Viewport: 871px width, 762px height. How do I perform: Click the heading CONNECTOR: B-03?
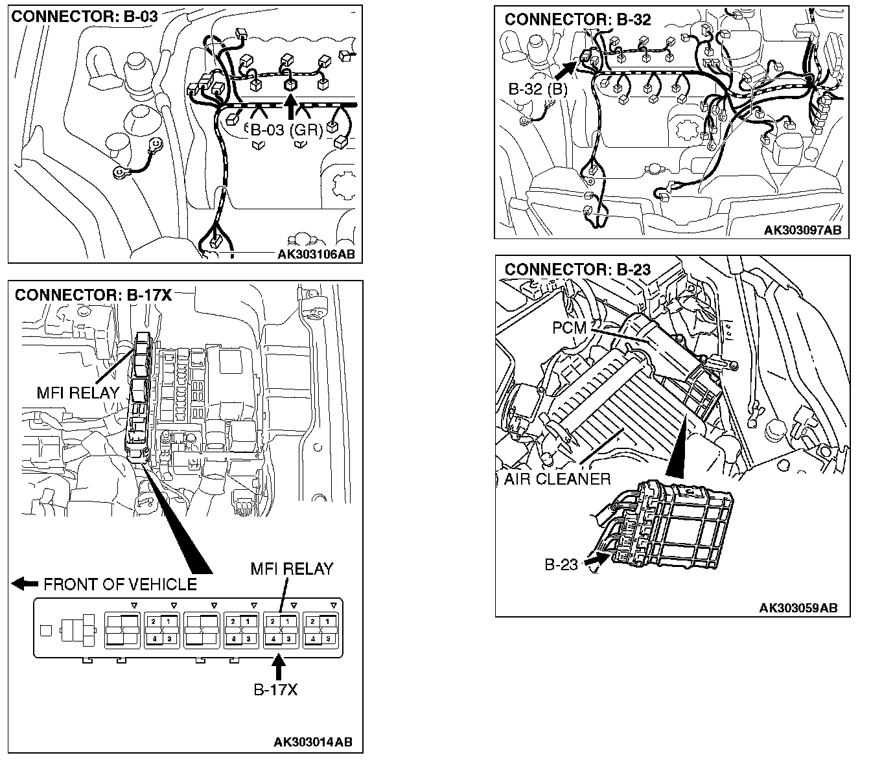[84, 16]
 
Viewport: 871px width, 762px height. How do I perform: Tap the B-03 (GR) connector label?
[287, 130]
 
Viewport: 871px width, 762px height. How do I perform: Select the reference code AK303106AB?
[316, 254]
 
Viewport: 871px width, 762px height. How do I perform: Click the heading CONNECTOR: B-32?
[577, 19]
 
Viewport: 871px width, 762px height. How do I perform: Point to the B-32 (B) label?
[538, 90]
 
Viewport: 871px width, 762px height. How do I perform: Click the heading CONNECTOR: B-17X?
[93, 295]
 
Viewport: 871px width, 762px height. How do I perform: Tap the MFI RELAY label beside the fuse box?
[78, 393]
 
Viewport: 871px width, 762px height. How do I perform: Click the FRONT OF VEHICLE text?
[120, 584]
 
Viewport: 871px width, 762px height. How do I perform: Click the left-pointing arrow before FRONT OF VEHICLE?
[25, 584]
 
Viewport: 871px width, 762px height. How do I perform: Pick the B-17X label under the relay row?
[275, 689]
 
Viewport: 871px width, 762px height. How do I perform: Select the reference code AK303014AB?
[313, 742]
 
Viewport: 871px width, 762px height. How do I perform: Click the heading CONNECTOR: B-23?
[577, 269]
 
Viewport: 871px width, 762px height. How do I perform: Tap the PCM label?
[569, 329]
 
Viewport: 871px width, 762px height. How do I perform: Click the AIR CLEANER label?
[557, 479]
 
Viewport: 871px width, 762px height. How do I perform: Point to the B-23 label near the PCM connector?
[561, 564]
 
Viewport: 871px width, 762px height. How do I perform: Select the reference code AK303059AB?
[798, 608]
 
